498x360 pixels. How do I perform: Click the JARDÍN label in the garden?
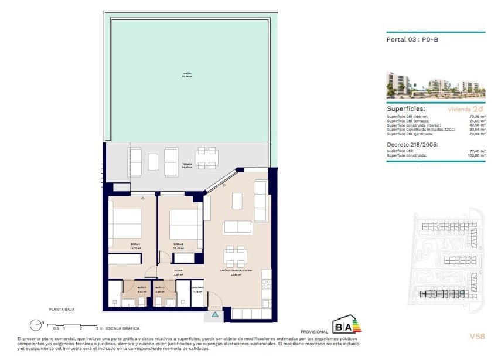click(187, 74)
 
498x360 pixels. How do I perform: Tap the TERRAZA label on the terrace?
click(187, 165)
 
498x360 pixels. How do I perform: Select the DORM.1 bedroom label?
click(135, 244)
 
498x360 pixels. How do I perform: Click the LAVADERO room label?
click(198, 288)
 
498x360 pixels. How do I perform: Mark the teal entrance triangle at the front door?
click(216, 315)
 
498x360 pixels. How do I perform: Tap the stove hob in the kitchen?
click(267, 284)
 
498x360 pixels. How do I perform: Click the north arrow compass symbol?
click(37, 323)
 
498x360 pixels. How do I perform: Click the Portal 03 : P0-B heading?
click(413, 40)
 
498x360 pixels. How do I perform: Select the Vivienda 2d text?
click(465, 109)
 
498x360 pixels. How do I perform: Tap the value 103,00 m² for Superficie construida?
click(475, 155)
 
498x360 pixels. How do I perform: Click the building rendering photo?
click(436, 84)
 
